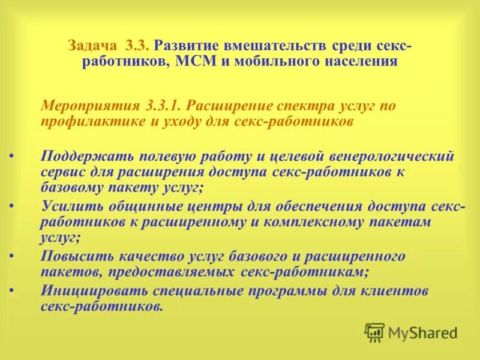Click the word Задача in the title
pyautogui.click(x=94, y=46)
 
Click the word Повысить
pyautogui.click(x=72, y=257)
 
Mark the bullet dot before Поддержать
pyautogui.click(x=12, y=157)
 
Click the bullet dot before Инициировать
pyautogui.click(x=12, y=292)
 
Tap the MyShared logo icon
pyautogui.click(x=374, y=331)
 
